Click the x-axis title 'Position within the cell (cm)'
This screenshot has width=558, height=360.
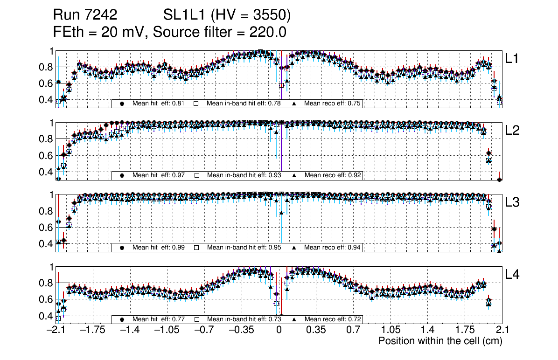point(440,341)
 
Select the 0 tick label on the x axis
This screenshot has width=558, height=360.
point(279,330)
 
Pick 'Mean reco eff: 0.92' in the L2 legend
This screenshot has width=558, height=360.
point(333,175)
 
